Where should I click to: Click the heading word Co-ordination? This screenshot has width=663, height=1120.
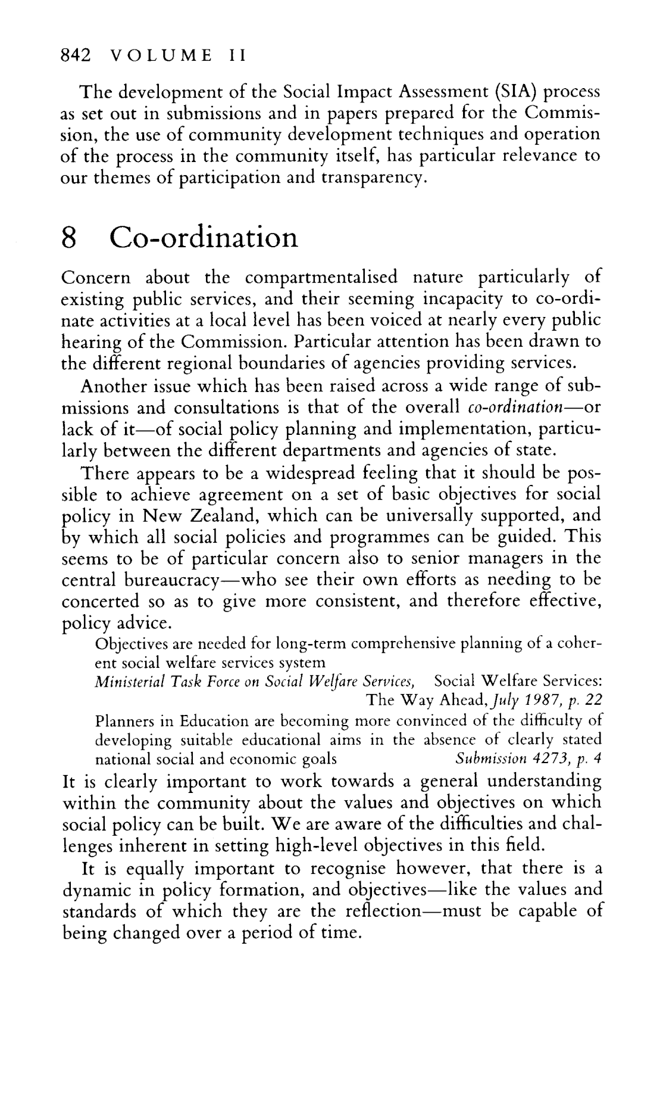[x=204, y=238]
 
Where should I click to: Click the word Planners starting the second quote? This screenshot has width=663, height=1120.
[x=126, y=721]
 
